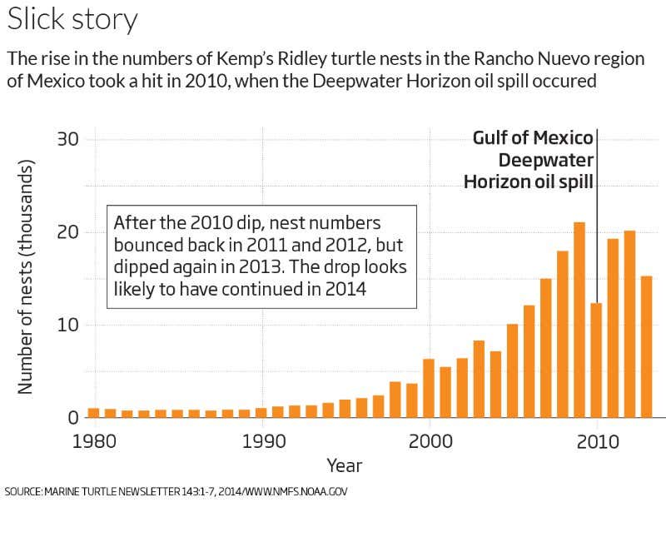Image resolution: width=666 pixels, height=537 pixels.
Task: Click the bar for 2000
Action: tap(429, 388)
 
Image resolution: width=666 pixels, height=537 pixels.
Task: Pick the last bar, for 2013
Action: tap(646, 346)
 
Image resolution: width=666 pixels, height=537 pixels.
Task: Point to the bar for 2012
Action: tap(629, 324)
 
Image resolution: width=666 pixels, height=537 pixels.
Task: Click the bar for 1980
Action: tap(94, 412)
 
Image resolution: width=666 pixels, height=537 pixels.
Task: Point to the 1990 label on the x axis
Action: tap(261, 440)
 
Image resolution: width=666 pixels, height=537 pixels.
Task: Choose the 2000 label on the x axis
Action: tap(429, 440)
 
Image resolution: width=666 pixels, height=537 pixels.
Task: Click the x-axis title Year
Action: tap(344, 465)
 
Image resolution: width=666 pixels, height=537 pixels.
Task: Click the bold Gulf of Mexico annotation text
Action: tap(533, 137)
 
